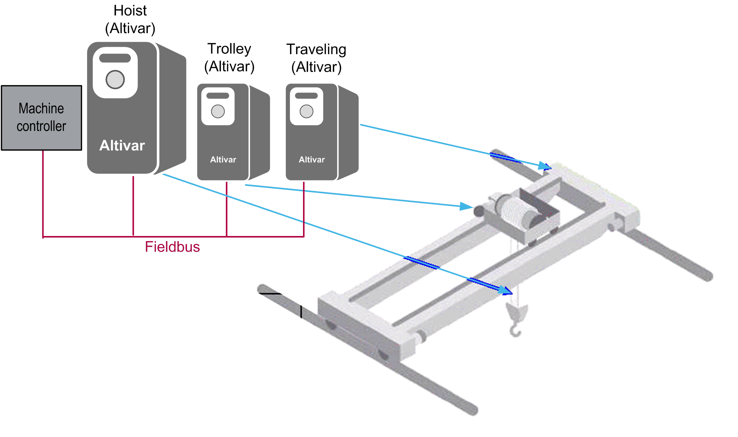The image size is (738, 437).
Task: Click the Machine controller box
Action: (41, 117)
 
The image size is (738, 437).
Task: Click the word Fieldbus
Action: (172, 247)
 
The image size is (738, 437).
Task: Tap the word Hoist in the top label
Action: (130, 11)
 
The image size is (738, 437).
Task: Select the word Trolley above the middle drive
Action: (229, 49)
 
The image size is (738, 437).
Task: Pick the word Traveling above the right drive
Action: (316, 49)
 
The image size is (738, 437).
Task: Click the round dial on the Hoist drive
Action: (115, 79)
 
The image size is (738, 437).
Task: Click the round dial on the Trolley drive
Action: (218, 111)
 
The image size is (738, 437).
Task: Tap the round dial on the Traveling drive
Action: (306, 111)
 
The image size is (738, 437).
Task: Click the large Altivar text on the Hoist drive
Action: (122, 145)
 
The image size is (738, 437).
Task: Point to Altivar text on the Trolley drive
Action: (223, 160)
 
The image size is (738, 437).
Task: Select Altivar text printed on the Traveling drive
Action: (312, 160)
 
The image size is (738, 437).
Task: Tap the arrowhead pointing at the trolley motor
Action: (467, 206)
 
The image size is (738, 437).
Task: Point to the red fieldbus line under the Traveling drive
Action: (304, 209)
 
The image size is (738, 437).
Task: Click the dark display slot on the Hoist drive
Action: (115, 58)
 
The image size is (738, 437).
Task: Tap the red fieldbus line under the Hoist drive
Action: (133, 205)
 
